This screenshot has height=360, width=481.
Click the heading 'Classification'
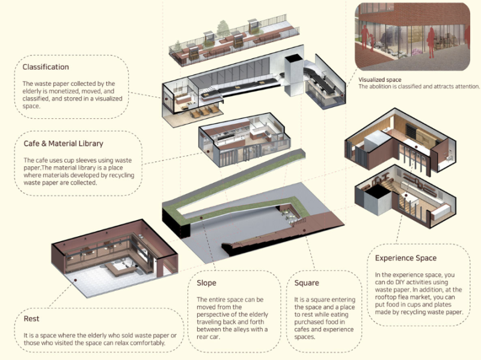click(46, 67)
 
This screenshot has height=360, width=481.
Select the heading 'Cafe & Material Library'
click(64, 144)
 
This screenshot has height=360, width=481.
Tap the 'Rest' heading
click(32, 319)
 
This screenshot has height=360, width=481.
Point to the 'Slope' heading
click(206, 283)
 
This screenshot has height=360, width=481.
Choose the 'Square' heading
click(307, 283)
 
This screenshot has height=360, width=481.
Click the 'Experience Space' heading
click(406, 258)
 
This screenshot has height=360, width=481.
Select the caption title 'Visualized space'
click(380, 80)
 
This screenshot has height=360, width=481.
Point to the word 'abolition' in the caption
click(379, 87)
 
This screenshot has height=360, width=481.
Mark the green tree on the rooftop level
click(223, 28)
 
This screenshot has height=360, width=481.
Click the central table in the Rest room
click(121, 269)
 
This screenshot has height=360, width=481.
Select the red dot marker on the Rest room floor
click(75, 280)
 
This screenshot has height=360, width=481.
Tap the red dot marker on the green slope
click(201, 218)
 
